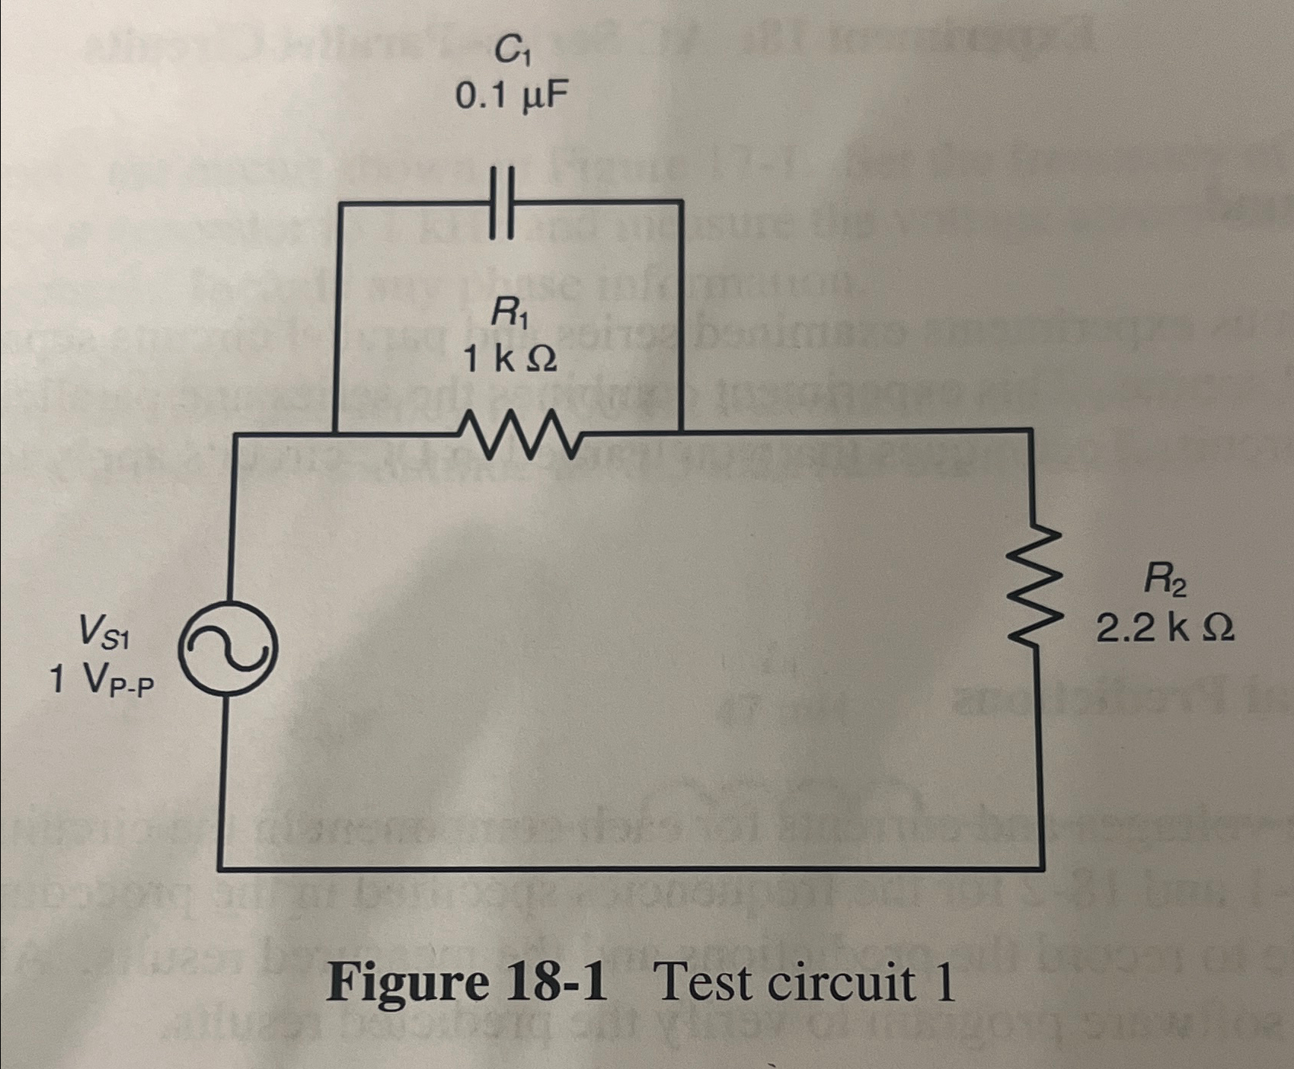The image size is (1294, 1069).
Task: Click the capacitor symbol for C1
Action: pos(502,203)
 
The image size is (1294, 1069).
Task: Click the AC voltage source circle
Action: pos(228,648)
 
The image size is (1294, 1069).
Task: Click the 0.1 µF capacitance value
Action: pos(512,96)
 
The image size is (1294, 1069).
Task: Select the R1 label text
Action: pos(510,311)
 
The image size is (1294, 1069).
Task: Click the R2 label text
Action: pos(1165,585)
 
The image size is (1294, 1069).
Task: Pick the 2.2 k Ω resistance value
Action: pos(1165,629)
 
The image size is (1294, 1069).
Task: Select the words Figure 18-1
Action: pos(468,983)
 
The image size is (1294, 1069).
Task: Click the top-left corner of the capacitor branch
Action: pos(338,203)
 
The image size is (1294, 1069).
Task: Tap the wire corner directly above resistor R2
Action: pos(1032,432)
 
